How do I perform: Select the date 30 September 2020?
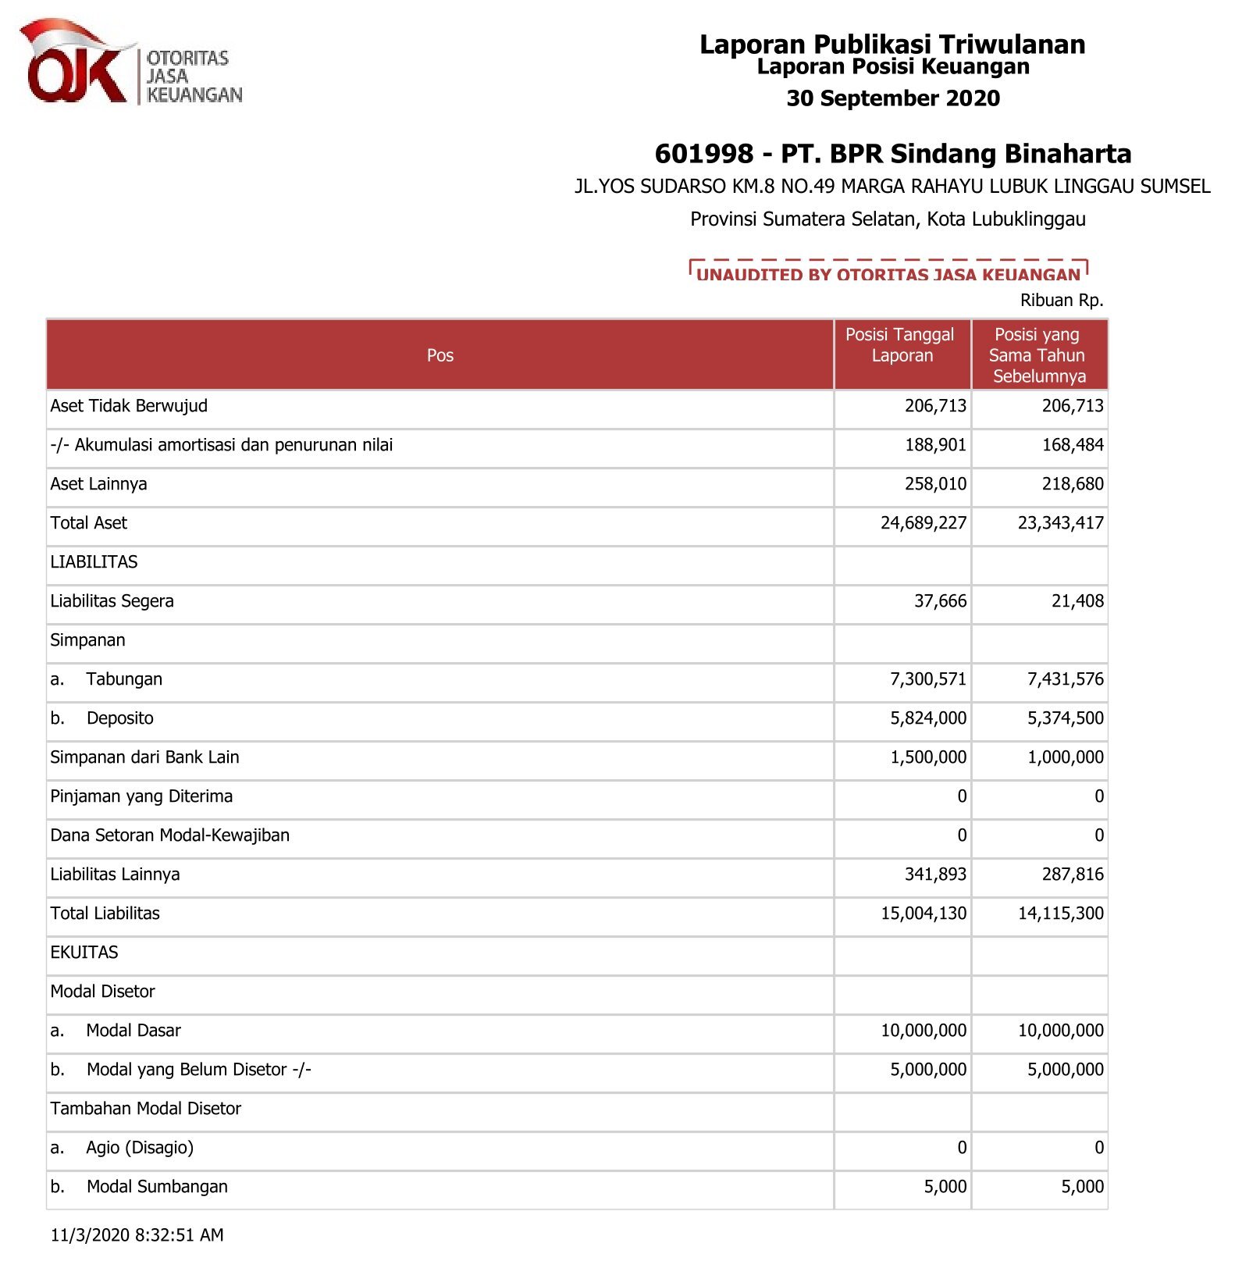coord(892,98)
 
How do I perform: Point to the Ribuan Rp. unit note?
coord(1061,301)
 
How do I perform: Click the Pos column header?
coord(440,355)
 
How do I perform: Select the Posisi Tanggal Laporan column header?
coord(901,345)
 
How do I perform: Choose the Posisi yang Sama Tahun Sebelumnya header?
coord(1037,355)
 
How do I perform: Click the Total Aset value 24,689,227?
coord(923,523)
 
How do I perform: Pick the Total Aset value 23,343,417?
coord(1060,523)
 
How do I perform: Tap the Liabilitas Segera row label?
coord(112,601)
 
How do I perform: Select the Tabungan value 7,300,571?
coord(927,679)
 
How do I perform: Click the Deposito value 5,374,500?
coord(1065,718)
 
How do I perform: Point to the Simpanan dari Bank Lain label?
coord(144,757)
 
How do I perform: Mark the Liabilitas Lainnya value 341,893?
coord(934,874)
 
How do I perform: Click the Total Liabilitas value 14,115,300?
coord(1060,914)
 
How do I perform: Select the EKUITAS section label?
coord(84,953)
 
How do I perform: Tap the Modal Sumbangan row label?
coord(157,1187)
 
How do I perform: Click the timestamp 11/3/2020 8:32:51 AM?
coord(137,1235)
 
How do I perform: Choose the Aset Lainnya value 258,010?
coord(934,484)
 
